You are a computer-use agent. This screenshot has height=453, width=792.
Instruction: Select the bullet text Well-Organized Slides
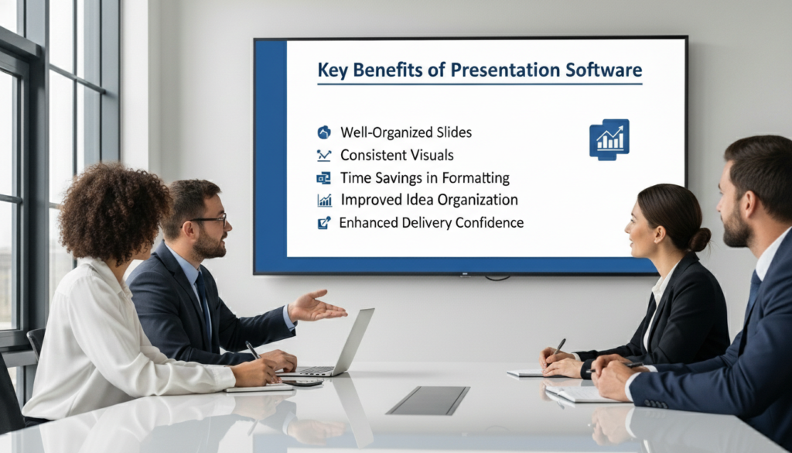point(406,132)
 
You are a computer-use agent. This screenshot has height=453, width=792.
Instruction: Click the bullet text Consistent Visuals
point(397,155)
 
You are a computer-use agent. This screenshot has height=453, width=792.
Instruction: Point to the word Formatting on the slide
point(476,178)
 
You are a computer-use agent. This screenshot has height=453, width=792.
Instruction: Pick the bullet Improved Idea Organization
point(429,200)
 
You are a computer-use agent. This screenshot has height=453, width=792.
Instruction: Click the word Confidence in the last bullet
point(490,222)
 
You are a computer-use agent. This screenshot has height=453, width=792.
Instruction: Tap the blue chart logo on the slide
point(609,139)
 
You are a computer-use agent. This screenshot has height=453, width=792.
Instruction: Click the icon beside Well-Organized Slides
point(324,132)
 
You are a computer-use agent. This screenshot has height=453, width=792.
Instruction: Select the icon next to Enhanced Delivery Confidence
point(324,223)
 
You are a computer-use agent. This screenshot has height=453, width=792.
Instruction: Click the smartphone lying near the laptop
point(303,383)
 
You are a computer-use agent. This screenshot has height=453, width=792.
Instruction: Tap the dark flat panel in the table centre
point(428,400)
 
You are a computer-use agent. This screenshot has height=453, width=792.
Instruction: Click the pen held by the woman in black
point(558,348)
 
